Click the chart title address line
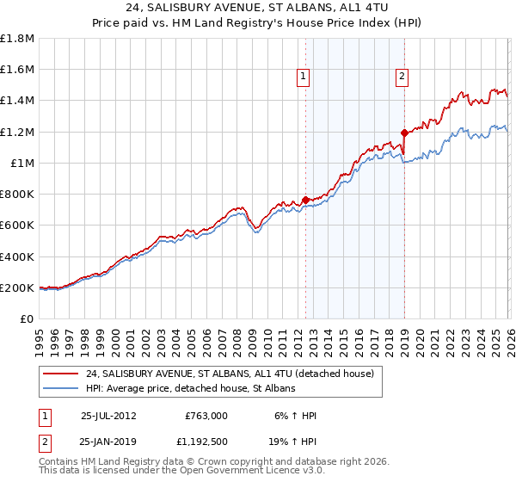coord(258,9)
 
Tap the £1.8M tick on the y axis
coord(17,38)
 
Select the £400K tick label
coord(17,256)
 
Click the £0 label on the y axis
coord(28,319)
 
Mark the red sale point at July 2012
coord(306,200)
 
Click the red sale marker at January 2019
coord(404,133)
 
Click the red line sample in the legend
coord(60,374)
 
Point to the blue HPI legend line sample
coord(60,389)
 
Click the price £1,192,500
coord(206,442)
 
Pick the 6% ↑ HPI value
coord(294,416)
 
